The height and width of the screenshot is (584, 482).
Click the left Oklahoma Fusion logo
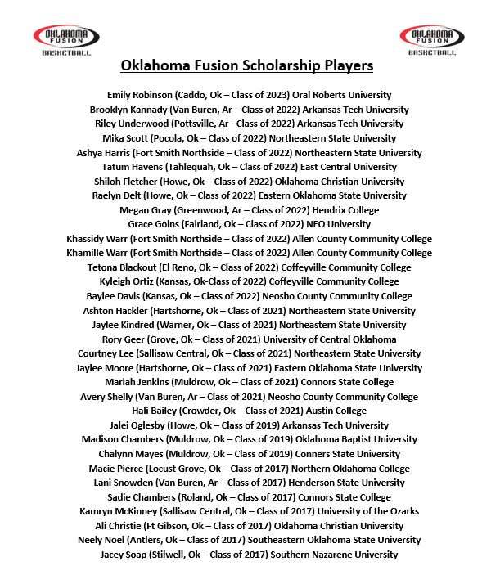click(65, 38)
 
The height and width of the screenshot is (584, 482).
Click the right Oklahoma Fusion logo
click(431, 38)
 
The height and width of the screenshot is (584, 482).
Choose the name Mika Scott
click(137, 138)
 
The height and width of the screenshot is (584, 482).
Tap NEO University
click(338, 224)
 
